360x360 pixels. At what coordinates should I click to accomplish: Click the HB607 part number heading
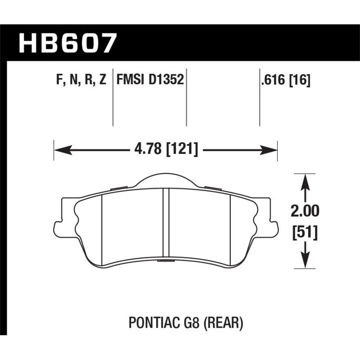(x=68, y=43)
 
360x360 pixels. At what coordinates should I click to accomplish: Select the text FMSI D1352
(x=149, y=81)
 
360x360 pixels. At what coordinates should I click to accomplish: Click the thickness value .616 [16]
(x=285, y=81)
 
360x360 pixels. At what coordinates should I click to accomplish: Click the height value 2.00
(x=306, y=211)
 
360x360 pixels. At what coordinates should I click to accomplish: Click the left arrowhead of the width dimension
(x=58, y=149)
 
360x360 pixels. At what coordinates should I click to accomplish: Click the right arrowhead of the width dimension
(x=272, y=149)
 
